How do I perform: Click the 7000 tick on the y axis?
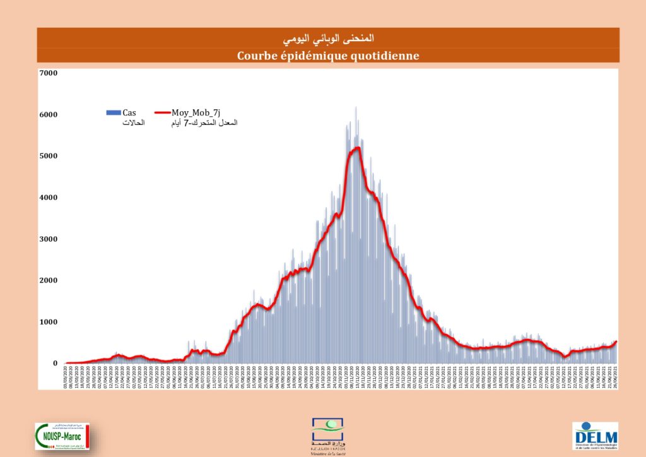(x=49, y=73)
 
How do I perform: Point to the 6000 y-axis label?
(x=49, y=115)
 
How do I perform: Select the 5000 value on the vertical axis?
(x=49, y=156)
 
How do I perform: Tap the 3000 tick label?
(x=49, y=239)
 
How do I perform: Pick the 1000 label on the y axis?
(x=49, y=322)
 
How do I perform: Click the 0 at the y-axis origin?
(x=55, y=364)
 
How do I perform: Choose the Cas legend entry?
(x=129, y=112)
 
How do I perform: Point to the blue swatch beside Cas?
(x=113, y=112)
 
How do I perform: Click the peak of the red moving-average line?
(x=356, y=148)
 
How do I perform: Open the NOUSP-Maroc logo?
(x=62, y=436)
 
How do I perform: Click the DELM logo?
(x=596, y=436)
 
